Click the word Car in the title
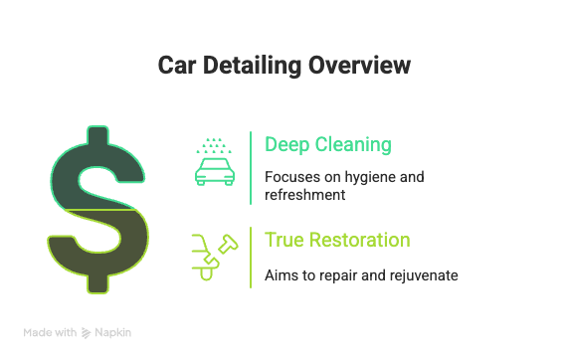[177, 66]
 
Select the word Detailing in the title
[253, 66]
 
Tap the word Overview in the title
[360, 66]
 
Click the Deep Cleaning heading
[328, 145]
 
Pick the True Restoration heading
[337, 240]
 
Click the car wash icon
[215, 162]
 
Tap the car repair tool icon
[215, 258]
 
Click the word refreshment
[304, 195]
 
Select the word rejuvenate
[424, 275]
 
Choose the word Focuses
[292, 177]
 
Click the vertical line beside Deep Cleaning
[251, 168]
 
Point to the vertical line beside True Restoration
[251, 258]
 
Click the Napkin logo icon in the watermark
[86, 333]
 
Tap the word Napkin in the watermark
[112, 333]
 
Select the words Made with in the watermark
[50, 333]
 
